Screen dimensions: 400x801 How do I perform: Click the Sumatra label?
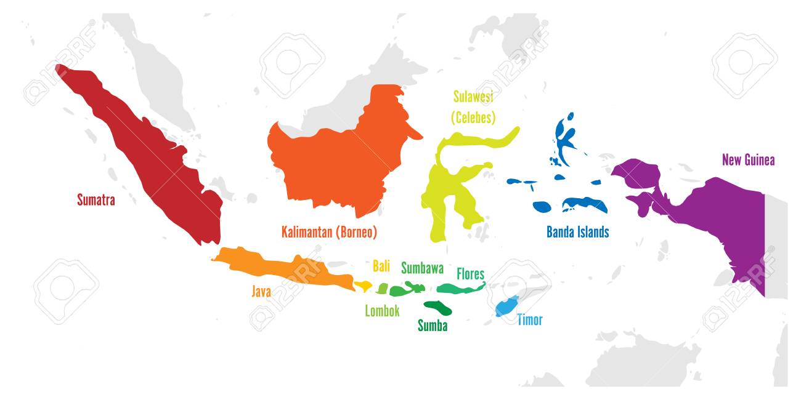96,199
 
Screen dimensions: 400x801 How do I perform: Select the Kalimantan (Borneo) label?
329,233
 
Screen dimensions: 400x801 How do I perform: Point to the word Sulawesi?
473,97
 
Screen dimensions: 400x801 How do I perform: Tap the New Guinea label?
748,160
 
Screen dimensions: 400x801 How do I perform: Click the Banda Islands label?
577,232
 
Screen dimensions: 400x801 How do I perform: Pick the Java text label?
261,292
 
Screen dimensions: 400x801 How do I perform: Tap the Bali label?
381,266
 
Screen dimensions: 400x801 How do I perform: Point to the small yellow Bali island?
363,286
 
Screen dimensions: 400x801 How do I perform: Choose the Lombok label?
382,311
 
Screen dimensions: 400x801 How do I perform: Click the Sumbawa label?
422,268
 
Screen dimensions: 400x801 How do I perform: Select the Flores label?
470,274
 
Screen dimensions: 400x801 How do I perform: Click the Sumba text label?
433,326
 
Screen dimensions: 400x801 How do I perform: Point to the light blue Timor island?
506,306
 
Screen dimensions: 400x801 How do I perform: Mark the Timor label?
530,319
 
